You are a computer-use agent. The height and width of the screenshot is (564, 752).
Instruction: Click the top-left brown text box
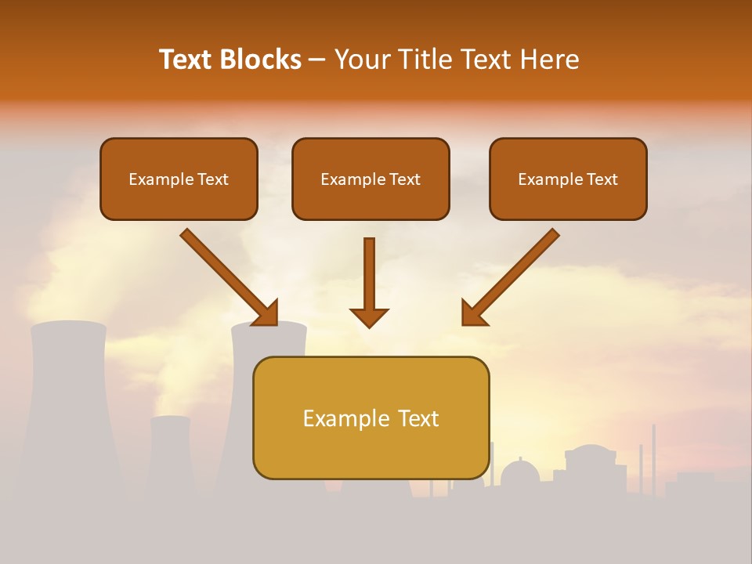[x=179, y=179]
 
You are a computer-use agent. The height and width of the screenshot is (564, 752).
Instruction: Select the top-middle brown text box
[x=371, y=179]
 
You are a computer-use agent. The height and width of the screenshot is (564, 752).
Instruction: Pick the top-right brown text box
[x=568, y=179]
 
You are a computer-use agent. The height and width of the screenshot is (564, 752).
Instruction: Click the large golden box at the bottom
[x=371, y=418]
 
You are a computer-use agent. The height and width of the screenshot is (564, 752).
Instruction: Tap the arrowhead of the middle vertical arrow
[x=369, y=316]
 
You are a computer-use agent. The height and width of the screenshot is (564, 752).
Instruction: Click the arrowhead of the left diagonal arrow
[x=266, y=313]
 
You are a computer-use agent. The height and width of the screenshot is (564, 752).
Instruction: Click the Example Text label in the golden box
[x=371, y=418]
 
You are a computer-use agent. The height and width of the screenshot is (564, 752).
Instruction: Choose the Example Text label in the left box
[x=179, y=179]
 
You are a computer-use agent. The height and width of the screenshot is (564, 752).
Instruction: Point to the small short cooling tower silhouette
[x=170, y=454]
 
